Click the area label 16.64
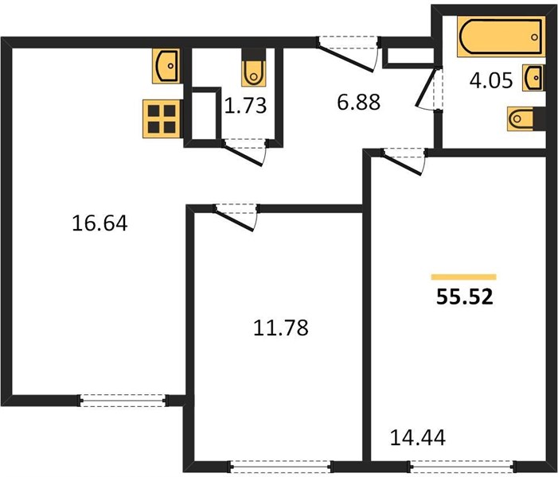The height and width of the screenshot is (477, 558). point(100,223)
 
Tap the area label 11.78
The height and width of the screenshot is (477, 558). point(281,328)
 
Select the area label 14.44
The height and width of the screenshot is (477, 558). point(418,437)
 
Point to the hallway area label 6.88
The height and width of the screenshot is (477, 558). point(359,103)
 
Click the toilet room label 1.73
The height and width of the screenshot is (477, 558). point(245,106)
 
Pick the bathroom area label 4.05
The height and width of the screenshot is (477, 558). point(491,80)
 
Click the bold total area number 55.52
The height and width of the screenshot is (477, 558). point(465,297)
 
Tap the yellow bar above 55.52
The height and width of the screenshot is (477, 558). point(464,277)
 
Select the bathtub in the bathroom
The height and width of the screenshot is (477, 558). point(501,37)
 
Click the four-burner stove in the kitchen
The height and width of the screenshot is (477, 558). point(162,119)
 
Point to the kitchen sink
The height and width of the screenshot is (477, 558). point(166,66)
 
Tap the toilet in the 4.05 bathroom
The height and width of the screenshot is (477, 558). point(526,118)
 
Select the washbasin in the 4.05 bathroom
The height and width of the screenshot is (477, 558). point(533,77)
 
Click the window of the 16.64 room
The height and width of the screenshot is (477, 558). point(123,401)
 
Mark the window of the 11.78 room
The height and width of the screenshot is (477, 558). point(281,466)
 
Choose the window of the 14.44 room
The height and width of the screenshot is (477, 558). point(461,466)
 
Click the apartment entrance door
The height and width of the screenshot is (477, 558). point(348,52)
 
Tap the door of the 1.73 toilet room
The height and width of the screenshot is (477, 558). point(245,152)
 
